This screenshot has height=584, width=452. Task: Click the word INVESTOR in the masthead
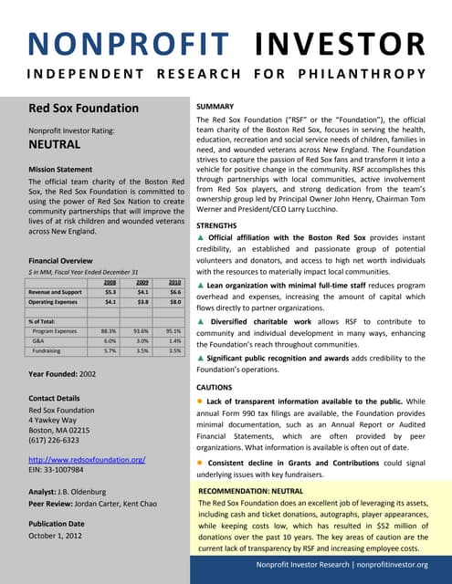coord(340,43)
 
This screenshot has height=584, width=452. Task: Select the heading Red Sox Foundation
coord(84,109)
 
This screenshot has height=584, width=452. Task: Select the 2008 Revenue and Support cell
coord(110,292)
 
